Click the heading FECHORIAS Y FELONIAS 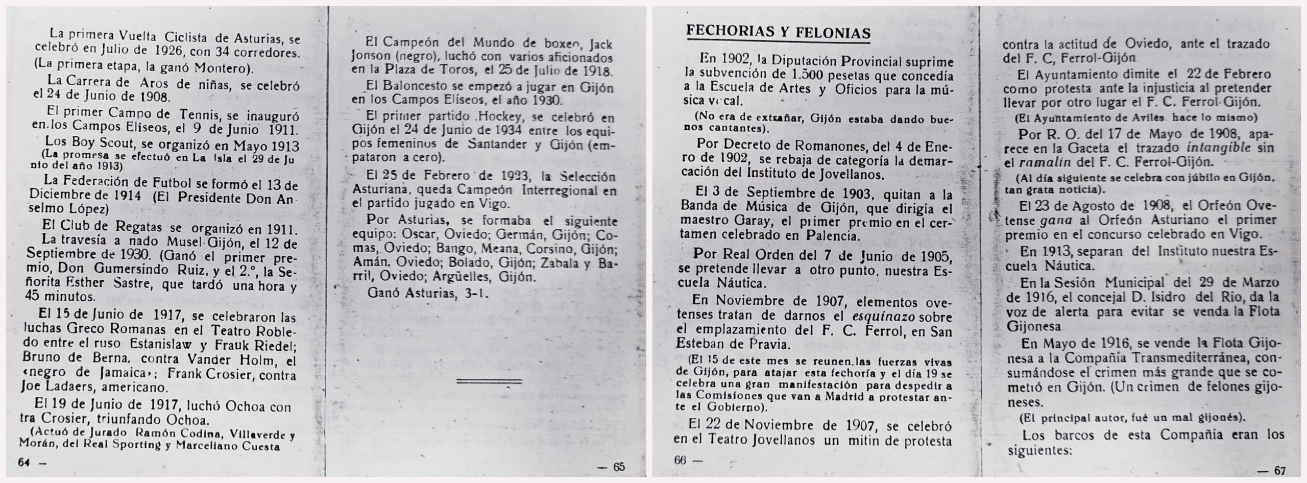pos(779,32)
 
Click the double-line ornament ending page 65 pos(489,381)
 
